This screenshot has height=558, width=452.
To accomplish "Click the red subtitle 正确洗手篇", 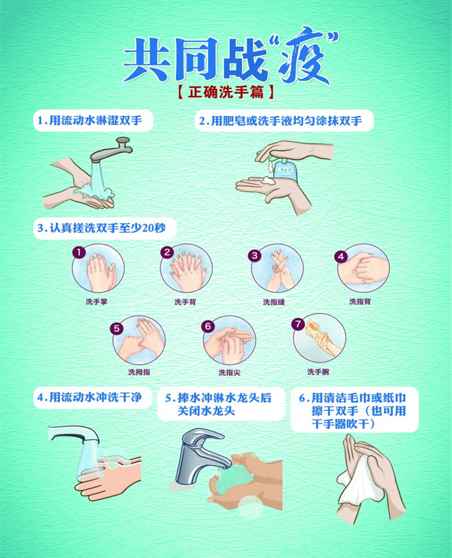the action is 226,92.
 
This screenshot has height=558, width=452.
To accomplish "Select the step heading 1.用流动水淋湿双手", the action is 90,121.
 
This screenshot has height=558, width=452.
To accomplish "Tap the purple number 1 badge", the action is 79,252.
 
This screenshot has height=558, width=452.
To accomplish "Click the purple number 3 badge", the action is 254,256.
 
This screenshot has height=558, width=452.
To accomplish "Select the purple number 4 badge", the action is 341,256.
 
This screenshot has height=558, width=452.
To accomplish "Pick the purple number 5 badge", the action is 117,328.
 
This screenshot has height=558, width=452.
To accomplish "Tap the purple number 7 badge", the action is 298,324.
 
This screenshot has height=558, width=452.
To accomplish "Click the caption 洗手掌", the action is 96,302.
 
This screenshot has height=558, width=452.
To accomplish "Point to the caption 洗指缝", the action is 274,302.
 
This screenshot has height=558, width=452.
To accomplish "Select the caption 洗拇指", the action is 139,372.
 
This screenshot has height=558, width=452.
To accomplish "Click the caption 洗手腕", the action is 318,372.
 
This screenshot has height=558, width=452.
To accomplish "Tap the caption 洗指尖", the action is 229,372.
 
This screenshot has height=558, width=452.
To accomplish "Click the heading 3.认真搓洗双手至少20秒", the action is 102,228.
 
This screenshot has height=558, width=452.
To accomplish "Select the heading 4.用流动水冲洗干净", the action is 90,398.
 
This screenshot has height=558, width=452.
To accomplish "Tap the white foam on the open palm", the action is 267,180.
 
